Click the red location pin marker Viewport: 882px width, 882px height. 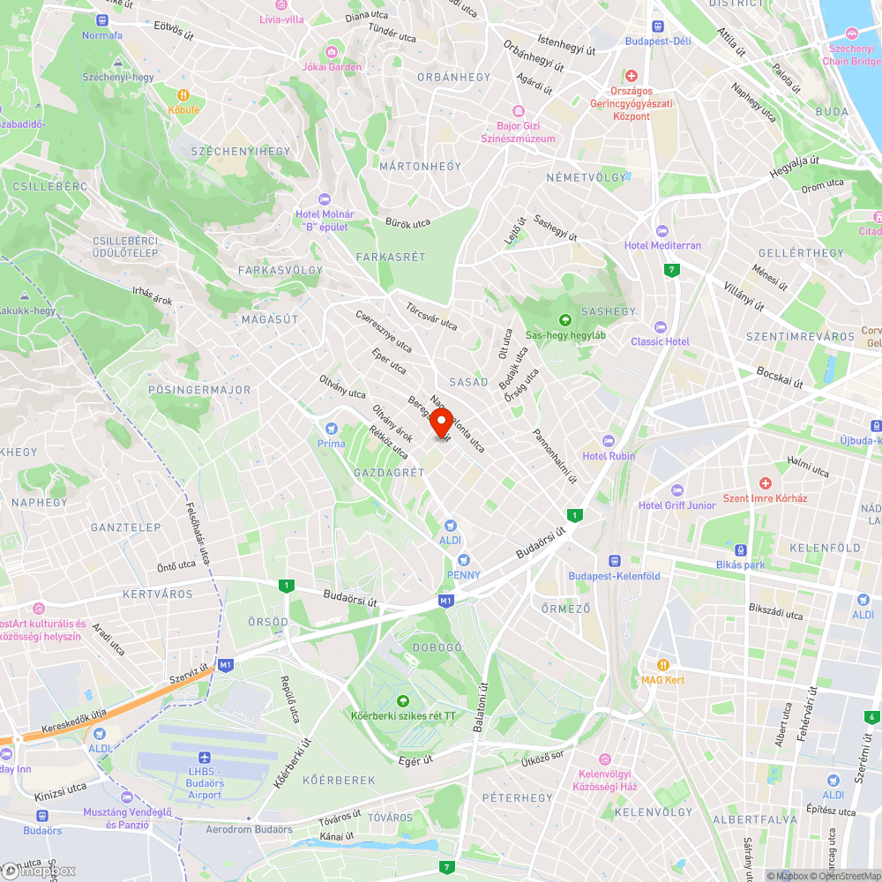click(x=441, y=422)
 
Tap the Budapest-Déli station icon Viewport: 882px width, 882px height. click(x=657, y=26)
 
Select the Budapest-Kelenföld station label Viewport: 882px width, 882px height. click(x=615, y=576)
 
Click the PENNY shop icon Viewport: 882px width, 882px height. click(x=463, y=560)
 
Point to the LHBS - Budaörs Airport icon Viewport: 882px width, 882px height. click(x=206, y=758)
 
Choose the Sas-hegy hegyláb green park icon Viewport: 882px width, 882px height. click(x=564, y=320)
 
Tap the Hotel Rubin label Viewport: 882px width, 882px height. click(x=609, y=456)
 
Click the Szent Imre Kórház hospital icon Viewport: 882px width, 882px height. click(x=765, y=483)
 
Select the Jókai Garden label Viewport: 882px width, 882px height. click(x=332, y=67)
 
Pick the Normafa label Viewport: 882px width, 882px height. click(x=102, y=35)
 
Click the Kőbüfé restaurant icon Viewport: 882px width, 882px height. click(x=183, y=95)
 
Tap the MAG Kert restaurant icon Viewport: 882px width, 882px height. click(x=663, y=665)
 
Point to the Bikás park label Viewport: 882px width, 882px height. click(x=741, y=564)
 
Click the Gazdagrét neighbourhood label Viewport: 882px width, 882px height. click(x=389, y=473)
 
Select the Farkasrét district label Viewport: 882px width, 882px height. click(x=391, y=257)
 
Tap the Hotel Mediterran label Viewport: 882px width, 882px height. click(x=662, y=245)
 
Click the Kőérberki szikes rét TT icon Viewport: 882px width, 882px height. click(x=403, y=700)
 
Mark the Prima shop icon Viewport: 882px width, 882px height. click(x=332, y=429)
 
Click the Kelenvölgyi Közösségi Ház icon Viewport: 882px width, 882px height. click(x=605, y=759)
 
